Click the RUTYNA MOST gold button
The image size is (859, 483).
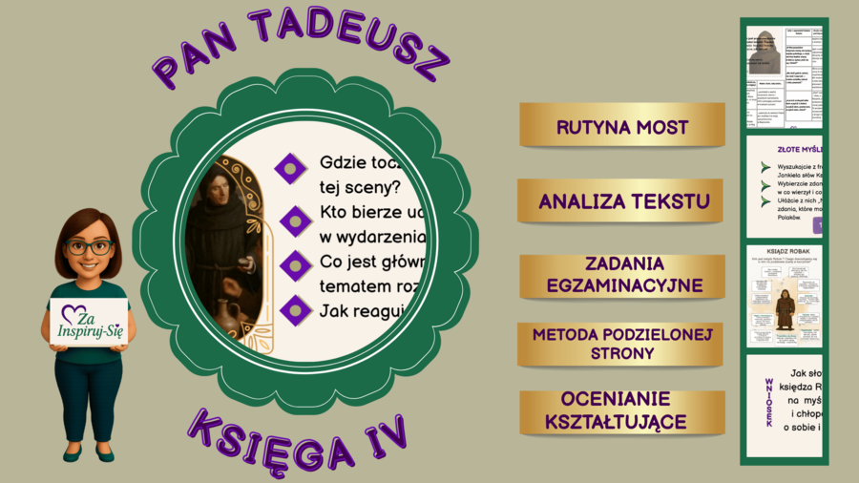(621, 126)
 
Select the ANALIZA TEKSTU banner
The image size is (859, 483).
(621, 201)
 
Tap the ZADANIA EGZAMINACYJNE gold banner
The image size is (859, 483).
(621, 275)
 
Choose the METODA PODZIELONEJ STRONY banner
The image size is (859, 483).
(621, 344)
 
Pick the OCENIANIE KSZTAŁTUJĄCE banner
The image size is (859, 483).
(621, 411)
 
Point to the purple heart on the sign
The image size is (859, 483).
(73, 313)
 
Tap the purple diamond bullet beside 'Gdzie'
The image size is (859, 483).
(291, 168)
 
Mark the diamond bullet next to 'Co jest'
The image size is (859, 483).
(296, 265)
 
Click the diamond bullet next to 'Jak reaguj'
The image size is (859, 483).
(296, 309)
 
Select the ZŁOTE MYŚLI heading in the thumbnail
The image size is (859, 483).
(800, 150)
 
